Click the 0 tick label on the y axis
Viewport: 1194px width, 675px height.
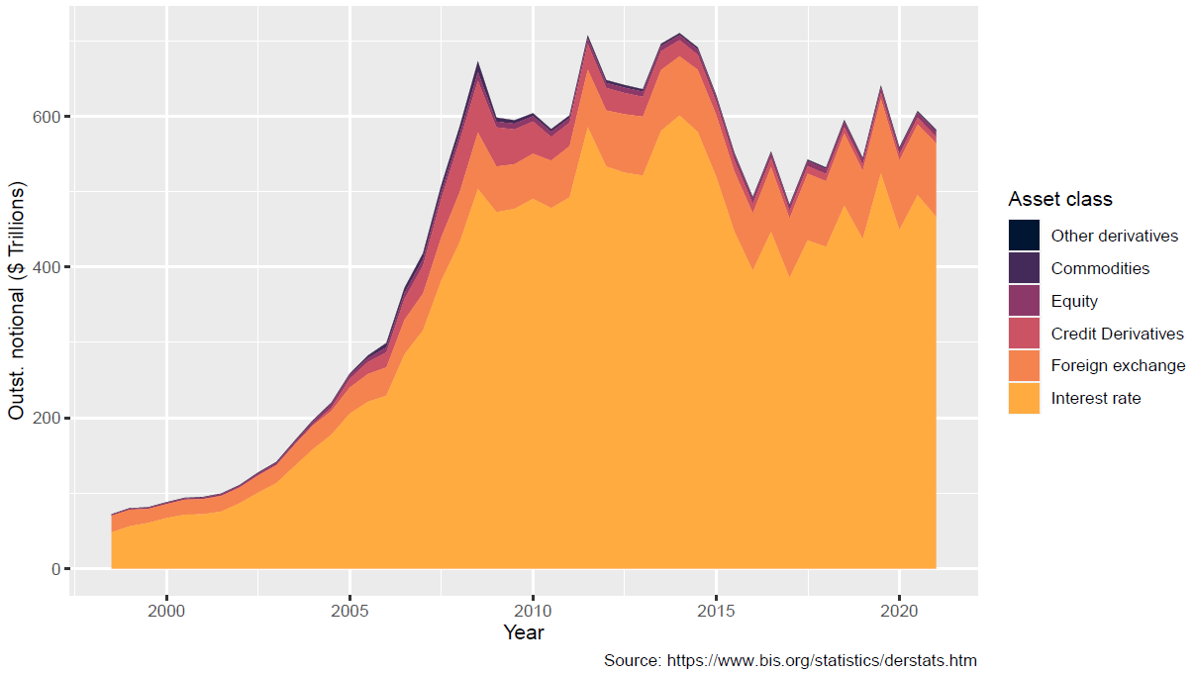57,569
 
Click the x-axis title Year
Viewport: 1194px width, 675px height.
523,631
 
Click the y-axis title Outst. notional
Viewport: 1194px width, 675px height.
17,300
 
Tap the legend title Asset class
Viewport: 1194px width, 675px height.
1060,199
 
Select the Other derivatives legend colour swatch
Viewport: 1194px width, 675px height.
1024,236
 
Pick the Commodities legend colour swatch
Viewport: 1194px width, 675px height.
1024,268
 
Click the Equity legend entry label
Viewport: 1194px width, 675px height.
1074,301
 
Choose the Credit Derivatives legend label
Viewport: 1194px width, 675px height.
1117,334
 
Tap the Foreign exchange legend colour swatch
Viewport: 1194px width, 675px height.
1024,365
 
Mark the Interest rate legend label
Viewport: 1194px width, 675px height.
1096,398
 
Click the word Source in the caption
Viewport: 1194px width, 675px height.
631,660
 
